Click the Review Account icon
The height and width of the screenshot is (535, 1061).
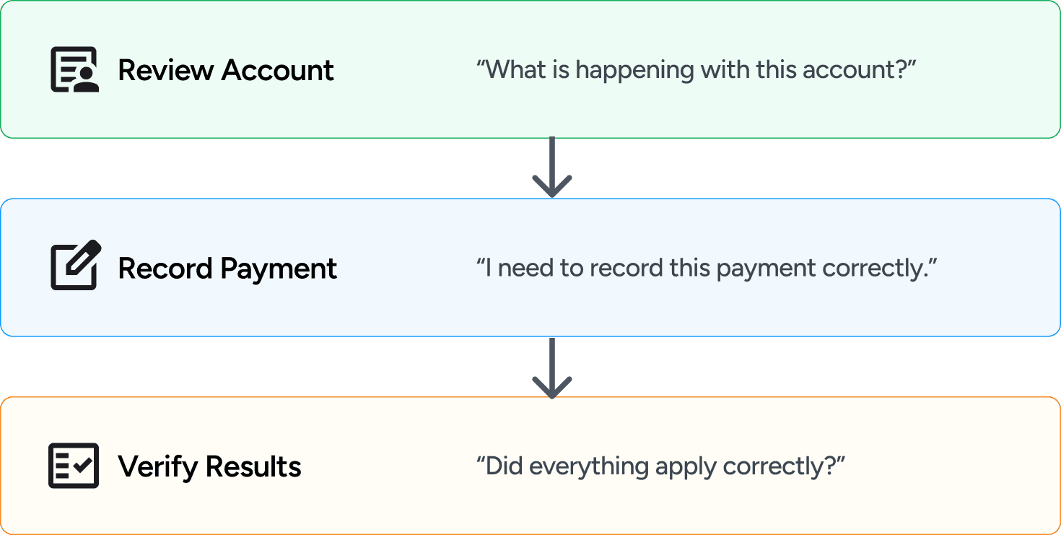click(74, 70)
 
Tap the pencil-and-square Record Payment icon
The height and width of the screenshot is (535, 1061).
click(75, 266)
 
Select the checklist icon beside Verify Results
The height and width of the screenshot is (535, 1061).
click(74, 466)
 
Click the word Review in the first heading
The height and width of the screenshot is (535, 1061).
click(165, 70)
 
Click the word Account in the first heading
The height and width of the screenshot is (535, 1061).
click(278, 70)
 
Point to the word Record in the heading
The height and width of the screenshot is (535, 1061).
click(165, 268)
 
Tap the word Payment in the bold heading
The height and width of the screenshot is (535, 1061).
click(279, 269)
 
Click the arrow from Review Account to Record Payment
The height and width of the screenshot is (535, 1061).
click(551, 168)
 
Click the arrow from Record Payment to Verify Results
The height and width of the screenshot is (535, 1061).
click(551, 367)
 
